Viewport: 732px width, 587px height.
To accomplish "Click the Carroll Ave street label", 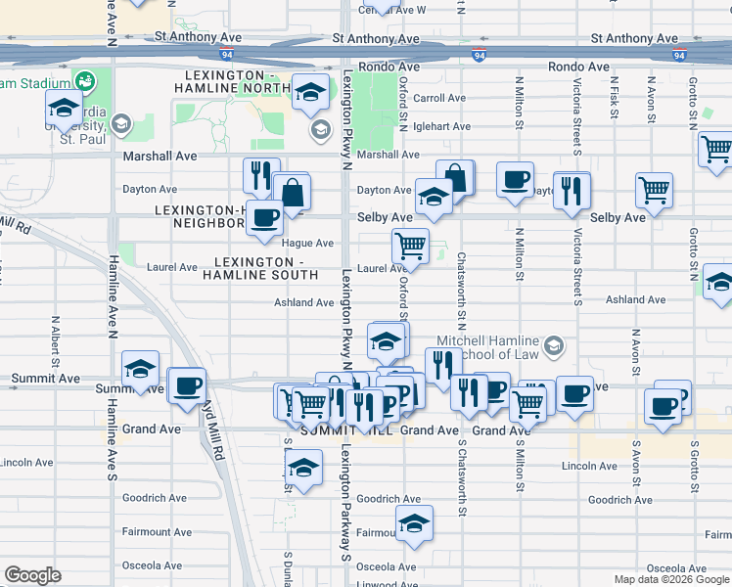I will [438, 98].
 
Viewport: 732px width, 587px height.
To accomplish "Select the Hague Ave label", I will [308, 243].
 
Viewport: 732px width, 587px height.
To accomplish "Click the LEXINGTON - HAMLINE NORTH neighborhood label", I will [231, 82].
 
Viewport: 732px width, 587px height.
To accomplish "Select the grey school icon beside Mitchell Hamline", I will [555, 345].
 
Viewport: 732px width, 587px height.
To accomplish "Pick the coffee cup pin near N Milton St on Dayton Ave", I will [515, 180].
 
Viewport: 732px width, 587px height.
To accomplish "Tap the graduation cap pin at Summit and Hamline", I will [141, 368].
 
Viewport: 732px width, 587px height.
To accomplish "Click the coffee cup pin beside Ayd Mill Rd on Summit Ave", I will [186, 385].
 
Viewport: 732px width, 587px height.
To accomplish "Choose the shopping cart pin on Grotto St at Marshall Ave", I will [716, 150].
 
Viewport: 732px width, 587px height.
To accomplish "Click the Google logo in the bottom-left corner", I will [32, 575].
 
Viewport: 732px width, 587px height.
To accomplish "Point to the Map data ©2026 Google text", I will [671, 579].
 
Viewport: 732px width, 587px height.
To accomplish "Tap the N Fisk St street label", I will [614, 98].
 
